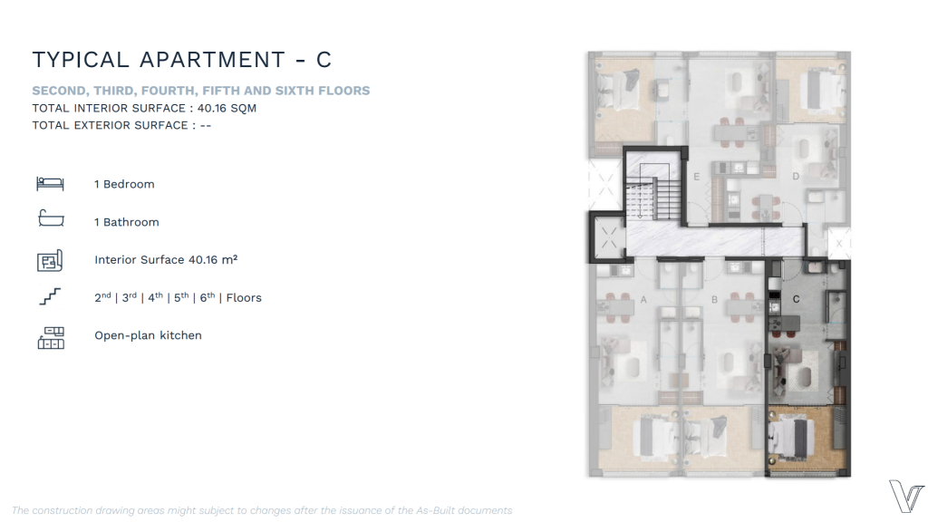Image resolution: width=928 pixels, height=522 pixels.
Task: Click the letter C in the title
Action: (x=324, y=60)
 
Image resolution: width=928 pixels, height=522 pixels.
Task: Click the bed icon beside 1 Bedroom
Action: (x=50, y=183)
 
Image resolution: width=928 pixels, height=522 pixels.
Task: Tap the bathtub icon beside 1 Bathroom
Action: (x=51, y=218)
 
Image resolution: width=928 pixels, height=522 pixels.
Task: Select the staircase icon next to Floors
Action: (x=51, y=296)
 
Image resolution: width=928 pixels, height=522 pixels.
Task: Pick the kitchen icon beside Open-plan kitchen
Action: (x=51, y=338)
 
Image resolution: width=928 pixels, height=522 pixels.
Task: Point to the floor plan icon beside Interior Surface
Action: (x=50, y=260)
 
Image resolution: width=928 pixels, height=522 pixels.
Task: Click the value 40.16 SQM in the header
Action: (x=227, y=109)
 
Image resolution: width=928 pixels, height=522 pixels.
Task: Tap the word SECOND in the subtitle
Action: (x=59, y=91)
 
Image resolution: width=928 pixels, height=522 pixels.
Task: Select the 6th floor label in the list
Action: (x=208, y=297)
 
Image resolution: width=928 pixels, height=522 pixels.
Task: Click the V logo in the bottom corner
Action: (x=905, y=496)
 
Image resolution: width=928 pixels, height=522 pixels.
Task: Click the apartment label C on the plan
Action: (x=796, y=299)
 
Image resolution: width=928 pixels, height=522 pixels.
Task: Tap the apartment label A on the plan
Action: (x=643, y=299)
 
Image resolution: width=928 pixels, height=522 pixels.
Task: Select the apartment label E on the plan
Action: (x=697, y=177)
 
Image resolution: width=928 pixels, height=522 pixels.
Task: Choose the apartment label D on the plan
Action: (x=796, y=176)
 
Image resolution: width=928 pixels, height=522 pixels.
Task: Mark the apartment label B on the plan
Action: (x=714, y=299)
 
